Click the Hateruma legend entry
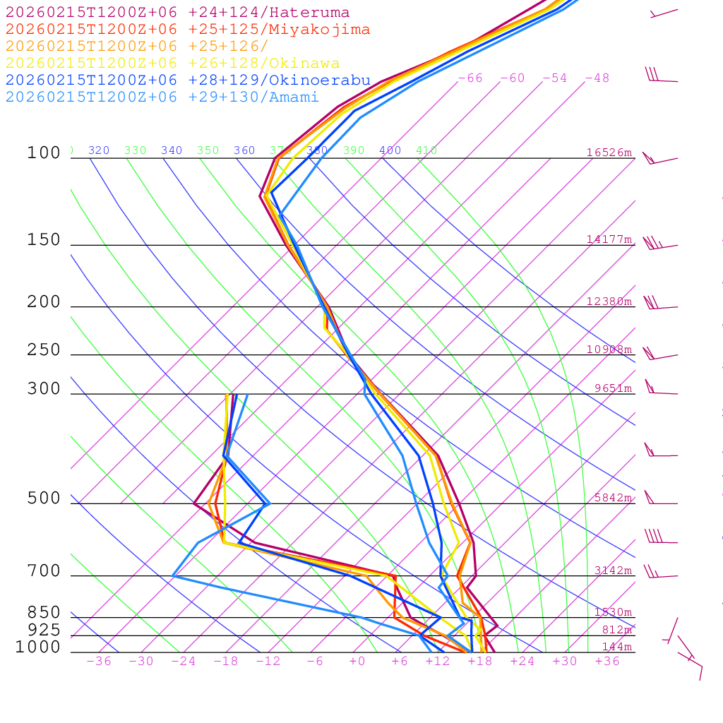177,13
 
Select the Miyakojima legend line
187,30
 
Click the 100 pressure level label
44,153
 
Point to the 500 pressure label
44,499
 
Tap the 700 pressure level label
44,571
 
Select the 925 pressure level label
44,630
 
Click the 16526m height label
609,153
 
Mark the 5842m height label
612,498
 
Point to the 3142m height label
612,570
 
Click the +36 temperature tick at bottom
607,662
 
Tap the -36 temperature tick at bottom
98,662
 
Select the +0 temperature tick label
357,662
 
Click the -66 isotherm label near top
470,78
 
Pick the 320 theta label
99,150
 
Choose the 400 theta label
390,150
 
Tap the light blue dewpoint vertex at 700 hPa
173,576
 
